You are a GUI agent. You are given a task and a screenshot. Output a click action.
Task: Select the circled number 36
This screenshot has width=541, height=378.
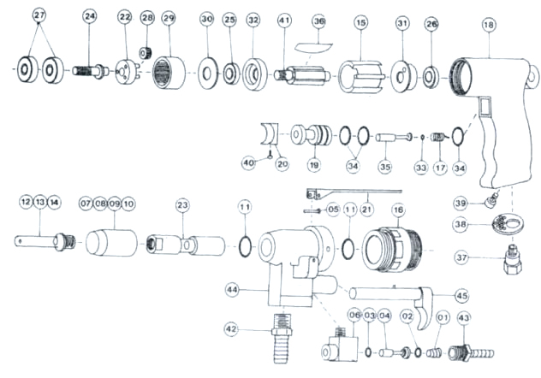319,21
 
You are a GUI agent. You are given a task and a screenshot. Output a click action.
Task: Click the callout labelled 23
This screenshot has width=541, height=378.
182,205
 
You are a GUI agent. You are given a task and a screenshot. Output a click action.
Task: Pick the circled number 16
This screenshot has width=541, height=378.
398,209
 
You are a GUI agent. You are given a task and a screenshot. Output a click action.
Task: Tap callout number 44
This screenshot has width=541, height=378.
232,291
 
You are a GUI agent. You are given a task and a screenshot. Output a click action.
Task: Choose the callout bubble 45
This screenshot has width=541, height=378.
462,295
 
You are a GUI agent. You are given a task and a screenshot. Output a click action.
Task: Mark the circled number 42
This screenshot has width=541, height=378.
231,328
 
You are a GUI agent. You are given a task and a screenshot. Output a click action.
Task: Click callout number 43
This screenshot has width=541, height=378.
465,318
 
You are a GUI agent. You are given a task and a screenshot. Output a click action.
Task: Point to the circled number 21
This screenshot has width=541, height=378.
366,209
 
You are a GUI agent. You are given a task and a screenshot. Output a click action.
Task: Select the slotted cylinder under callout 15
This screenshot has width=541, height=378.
360,76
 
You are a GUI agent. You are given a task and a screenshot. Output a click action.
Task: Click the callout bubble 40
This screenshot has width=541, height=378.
248,162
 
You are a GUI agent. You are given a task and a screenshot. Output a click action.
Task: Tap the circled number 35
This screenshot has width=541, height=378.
385,167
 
